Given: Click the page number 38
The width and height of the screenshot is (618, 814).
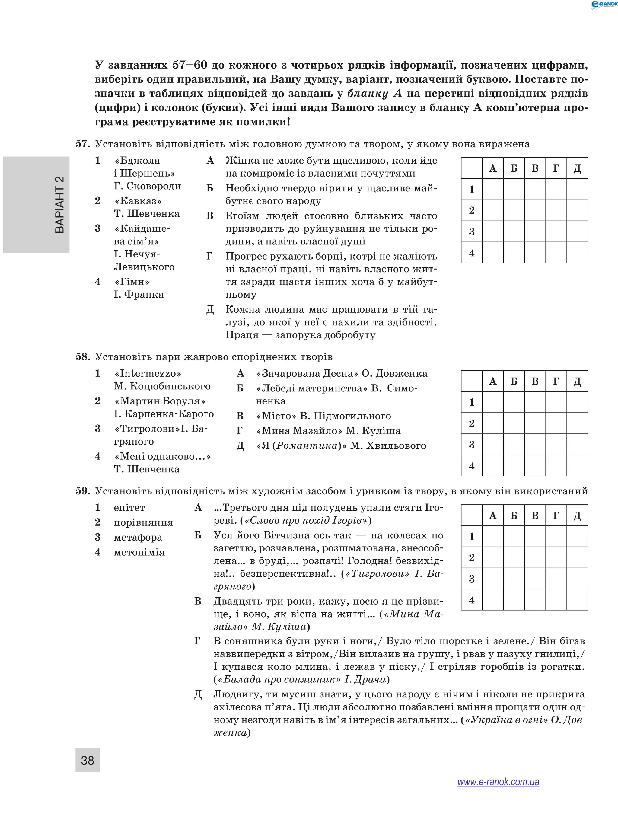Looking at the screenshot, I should [x=87, y=760].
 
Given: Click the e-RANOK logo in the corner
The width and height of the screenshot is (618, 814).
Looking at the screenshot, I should [x=604, y=5].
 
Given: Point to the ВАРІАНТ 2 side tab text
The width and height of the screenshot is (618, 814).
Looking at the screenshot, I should [x=59, y=205].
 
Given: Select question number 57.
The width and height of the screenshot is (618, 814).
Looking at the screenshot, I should [x=83, y=144].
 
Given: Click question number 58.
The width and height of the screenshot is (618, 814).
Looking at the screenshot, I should [x=83, y=356].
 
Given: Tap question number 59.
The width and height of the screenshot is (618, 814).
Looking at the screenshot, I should [x=83, y=491].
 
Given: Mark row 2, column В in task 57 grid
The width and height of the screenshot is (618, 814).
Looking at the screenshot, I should [x=535, y=210].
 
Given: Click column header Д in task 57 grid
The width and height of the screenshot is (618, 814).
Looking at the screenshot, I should [x=577, y=168].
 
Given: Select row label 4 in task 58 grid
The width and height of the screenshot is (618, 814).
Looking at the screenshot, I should [x=472, y=465].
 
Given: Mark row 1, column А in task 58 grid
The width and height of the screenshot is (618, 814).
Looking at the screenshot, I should [x=492, y=402].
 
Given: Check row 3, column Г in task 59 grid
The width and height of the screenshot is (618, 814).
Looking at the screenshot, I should [x=556, y=579].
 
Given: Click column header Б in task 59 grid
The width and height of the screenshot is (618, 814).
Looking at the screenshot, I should [x=514, y=516].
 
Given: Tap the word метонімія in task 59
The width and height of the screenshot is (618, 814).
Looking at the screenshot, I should [x=139, y=552].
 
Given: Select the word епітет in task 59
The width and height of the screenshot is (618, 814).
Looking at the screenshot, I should [x=129, y=507].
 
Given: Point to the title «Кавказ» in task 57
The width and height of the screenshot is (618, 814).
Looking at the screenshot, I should [x=138, y=201].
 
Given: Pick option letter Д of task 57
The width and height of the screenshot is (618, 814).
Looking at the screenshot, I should [x=210, y=309].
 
